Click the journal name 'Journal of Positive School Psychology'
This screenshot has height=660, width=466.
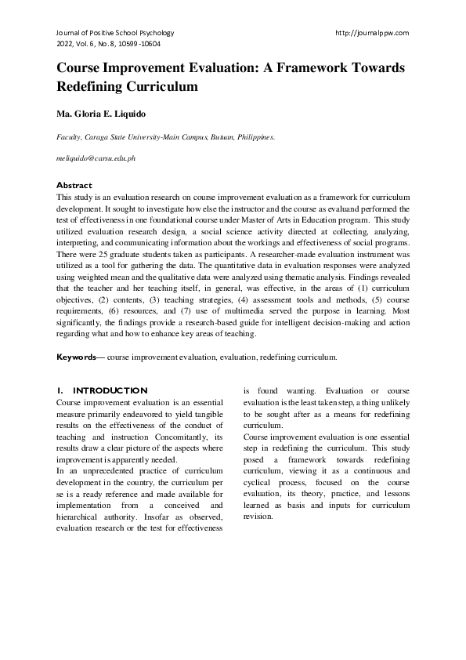click(x=115, y=33)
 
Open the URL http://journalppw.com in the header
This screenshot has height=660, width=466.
click(x=371, y=33)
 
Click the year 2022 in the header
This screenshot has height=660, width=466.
click(x=65, y=45)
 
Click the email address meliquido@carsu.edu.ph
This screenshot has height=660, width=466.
click(x=96, y=158)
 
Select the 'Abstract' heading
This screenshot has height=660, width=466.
click(x=74, y=185)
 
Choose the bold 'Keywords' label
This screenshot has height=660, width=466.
click(x=77, y=357)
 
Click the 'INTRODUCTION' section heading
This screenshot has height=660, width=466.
click(x=110, y=390)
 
